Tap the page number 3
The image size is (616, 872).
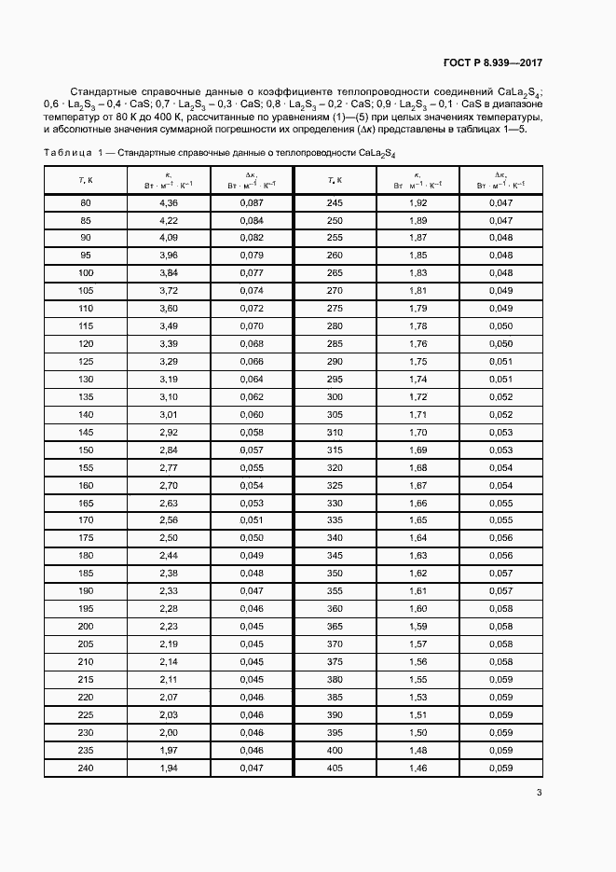(539, 794)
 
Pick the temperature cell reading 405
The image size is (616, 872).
(335, 768)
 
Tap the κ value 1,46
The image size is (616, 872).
(418, 768)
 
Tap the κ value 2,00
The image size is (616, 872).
(169, 733)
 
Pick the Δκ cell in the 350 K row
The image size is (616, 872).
(500, 573)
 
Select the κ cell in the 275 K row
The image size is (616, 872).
(418, 308)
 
